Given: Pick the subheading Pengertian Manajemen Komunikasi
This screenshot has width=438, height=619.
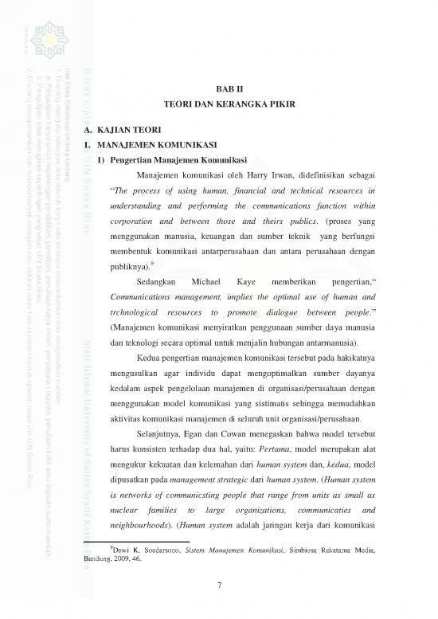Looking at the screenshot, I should [x=180, y=160].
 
